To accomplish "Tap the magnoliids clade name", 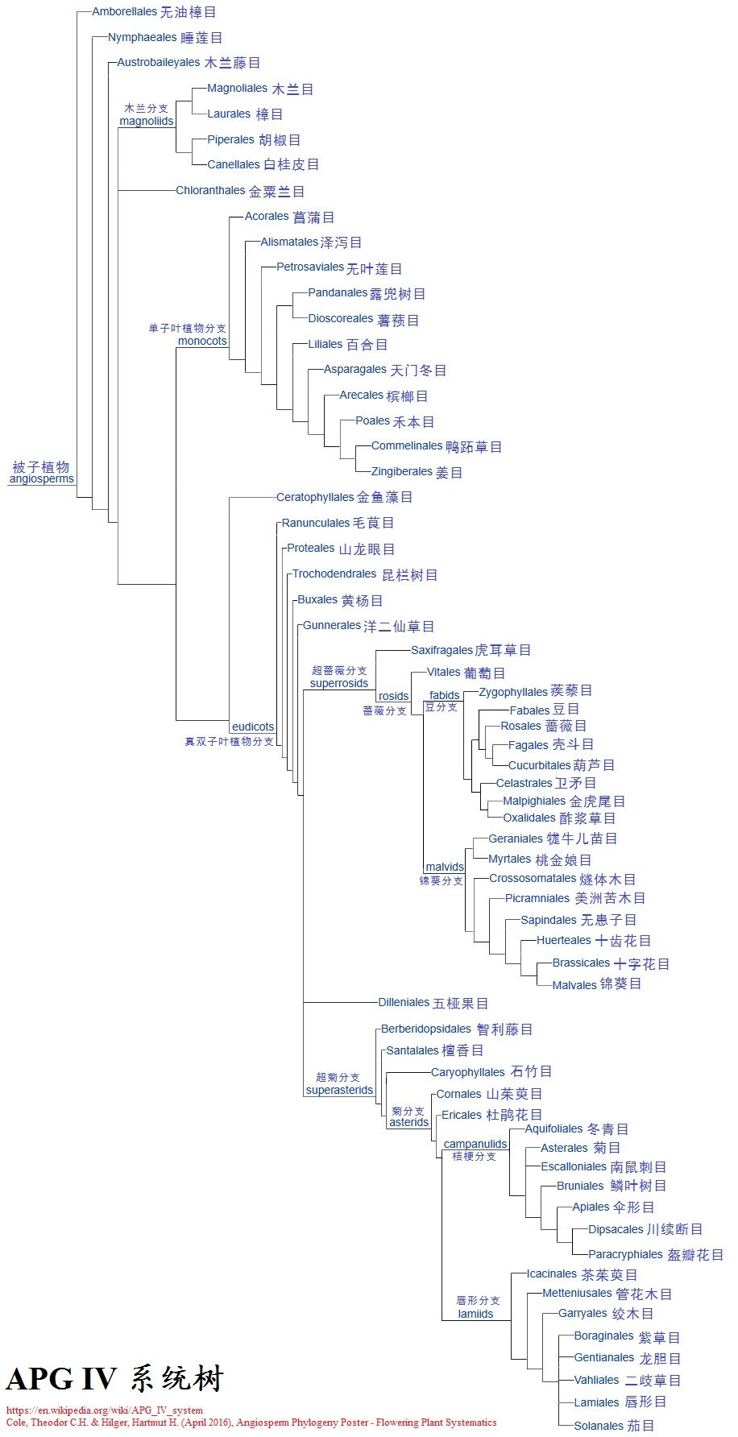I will [146, 121].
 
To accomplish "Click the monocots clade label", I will [202, 341].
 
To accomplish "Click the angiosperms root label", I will [41, 478].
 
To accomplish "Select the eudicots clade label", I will [253, 727].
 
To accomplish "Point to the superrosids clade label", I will [338, 683].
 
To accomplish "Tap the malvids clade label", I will [445, 868].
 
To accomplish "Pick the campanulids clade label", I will [475, 1144].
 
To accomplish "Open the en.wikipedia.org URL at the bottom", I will [105, 1410].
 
